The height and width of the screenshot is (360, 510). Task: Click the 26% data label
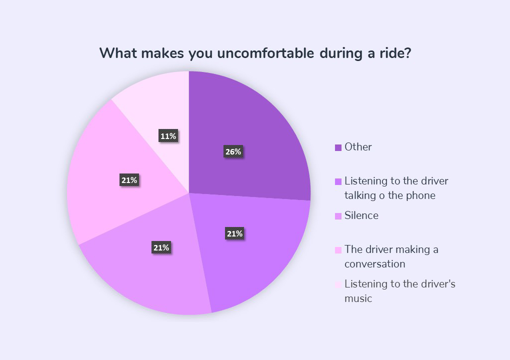[x=233, y=151]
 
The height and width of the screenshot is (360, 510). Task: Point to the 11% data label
[x=168, y=136]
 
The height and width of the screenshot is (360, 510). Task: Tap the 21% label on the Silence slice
[x=161, y=248]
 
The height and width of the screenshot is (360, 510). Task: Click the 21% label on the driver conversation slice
[x=129, y=180]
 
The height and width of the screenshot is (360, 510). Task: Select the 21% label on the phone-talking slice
[x=234, y=233]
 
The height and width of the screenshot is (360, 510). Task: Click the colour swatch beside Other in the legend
[x=338, y=147]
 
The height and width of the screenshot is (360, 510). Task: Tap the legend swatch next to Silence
[x=338, y=216]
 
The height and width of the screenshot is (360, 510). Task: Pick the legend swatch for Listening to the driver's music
[x=338, y=284]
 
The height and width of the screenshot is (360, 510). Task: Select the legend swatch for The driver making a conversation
[x=338, y=250]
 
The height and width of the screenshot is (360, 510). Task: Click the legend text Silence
[x=361, y=215]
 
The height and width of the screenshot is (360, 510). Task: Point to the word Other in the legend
[x=358, y=147]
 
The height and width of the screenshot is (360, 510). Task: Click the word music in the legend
[x=358, y=298]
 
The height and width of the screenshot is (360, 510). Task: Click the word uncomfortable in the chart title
[x=265, y=53]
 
